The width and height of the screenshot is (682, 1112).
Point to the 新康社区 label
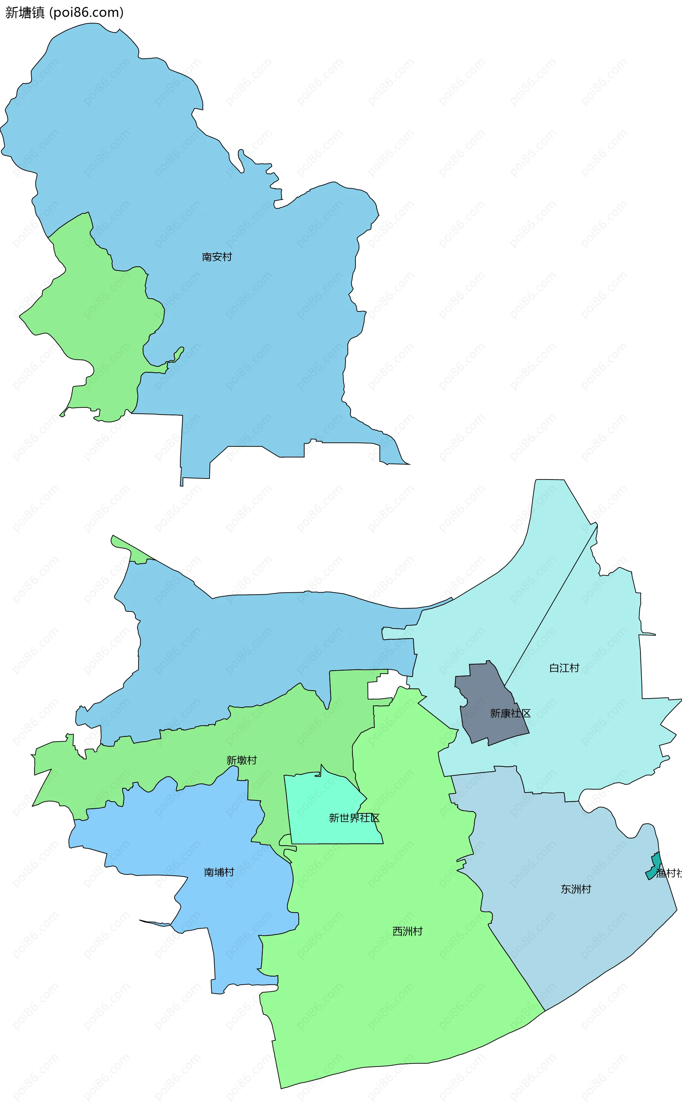tap(510, 713)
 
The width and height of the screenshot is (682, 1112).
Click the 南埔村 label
tap(219, 872)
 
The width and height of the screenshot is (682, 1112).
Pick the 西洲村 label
tap(407, 931)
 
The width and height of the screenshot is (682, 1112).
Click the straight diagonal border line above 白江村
tap(550, 600)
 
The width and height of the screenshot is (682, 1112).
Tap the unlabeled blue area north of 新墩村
tap(248, 641)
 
